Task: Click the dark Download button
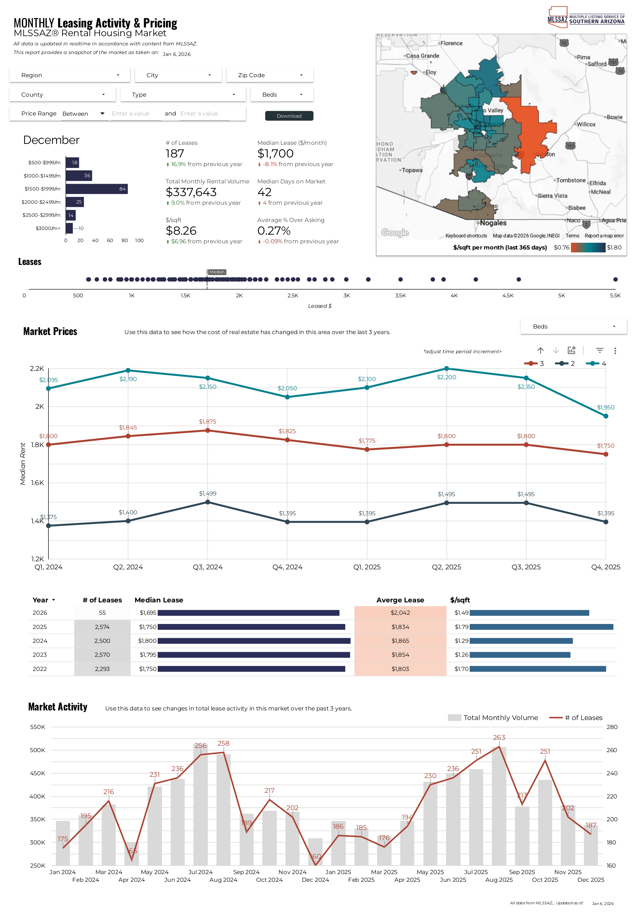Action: point(289,116)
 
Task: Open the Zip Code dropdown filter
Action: point(270,75)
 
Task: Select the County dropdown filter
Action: point(63,95)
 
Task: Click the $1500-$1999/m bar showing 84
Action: point(97,189)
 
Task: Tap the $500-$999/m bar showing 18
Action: point(72,162)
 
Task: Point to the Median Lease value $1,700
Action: point(275,153)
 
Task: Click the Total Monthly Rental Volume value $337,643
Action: point(191,192)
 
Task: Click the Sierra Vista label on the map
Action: point(553,196)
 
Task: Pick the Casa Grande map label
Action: point(422,56)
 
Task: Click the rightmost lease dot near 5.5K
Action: point(615,279)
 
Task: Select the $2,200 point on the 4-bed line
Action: point(446,369)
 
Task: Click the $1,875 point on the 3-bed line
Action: point(208,430)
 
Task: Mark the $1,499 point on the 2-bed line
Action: point(208,502)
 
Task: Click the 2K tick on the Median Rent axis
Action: point(40,407)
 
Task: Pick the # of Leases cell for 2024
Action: point(102,641)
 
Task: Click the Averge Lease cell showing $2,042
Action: point(400,613)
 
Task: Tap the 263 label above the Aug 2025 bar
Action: point(499,738)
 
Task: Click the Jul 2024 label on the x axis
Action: point(200,872)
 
